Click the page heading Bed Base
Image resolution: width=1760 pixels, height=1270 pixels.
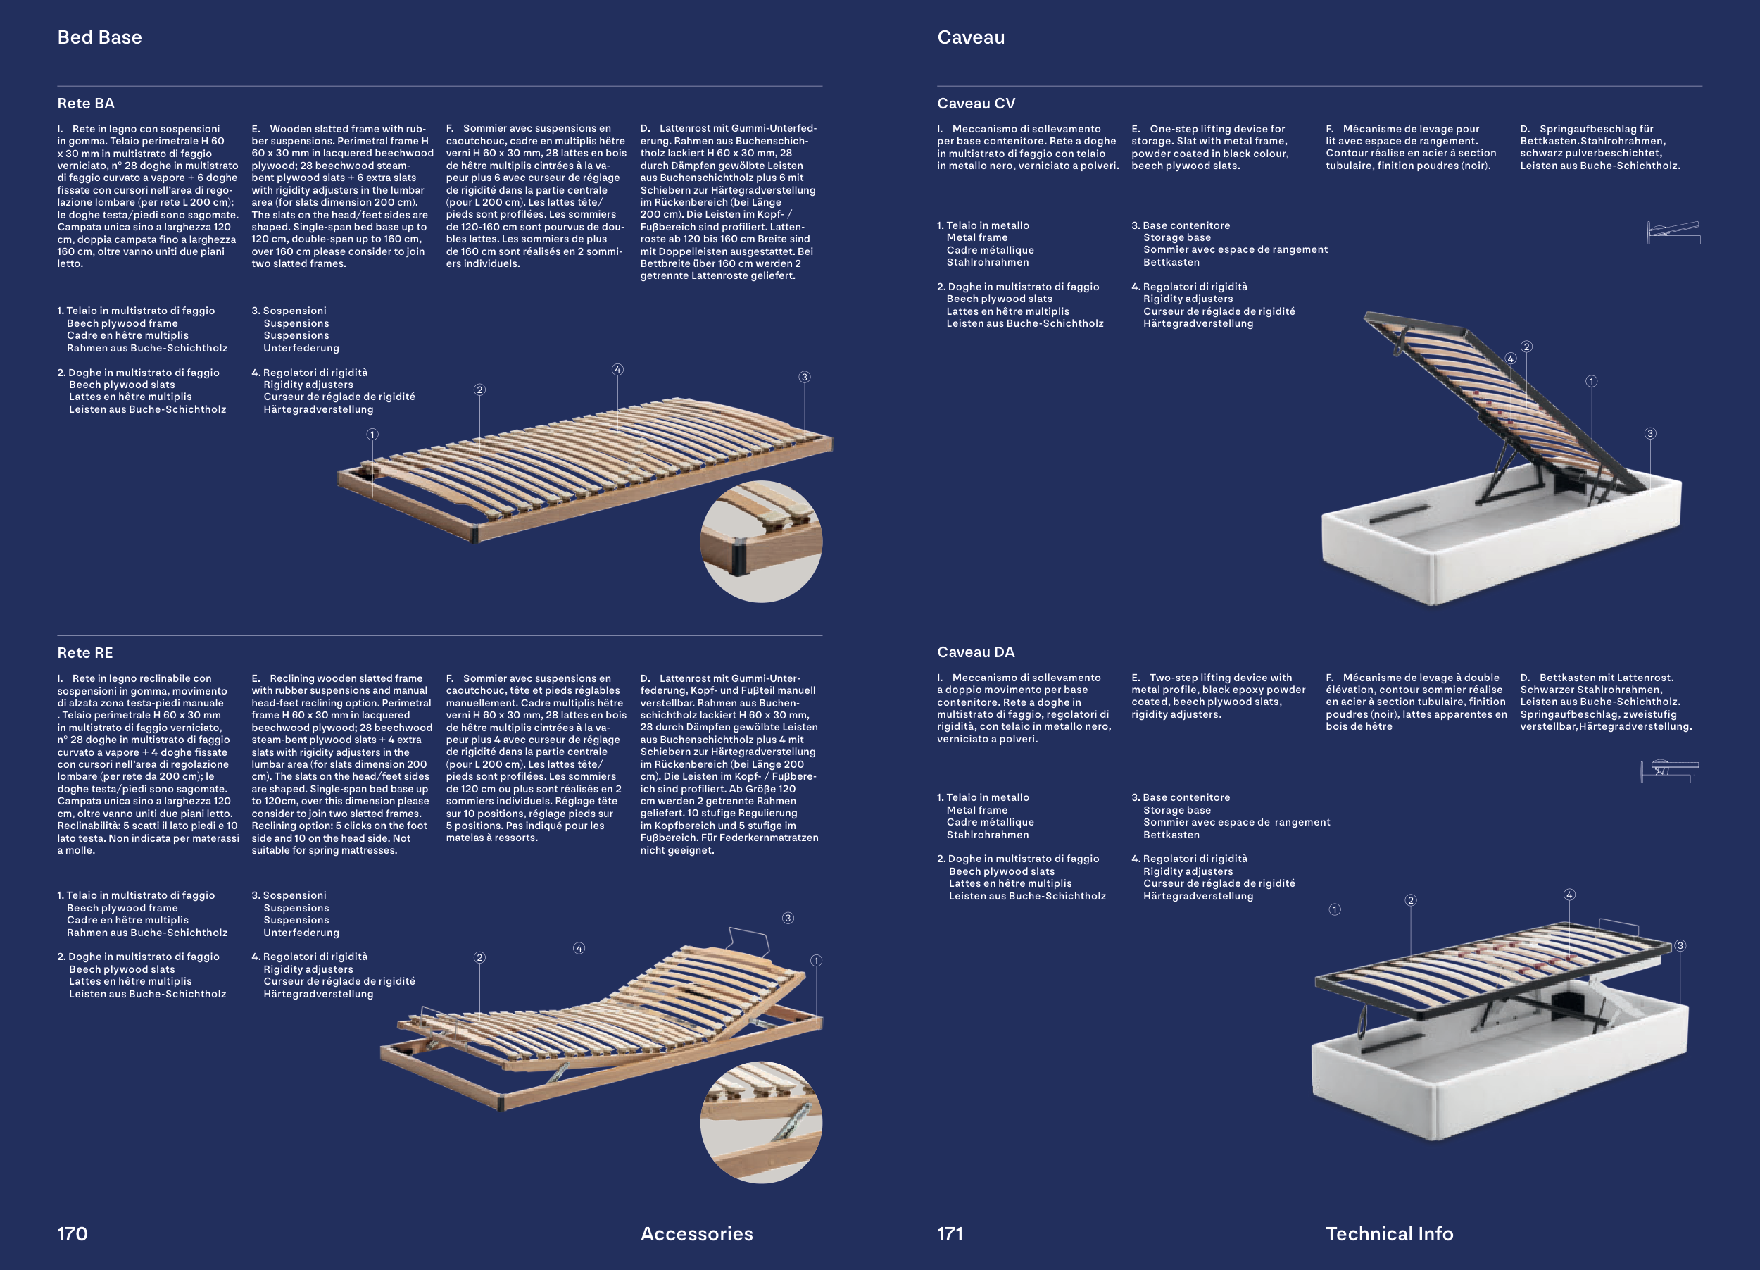(x=99, y=37)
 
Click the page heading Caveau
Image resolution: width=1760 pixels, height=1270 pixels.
(x=971, y=37)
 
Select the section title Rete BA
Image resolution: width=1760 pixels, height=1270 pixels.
(x=85, y=104)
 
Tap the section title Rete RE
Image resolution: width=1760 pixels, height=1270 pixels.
(x=84, y=653)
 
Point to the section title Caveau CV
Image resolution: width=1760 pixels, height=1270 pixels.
(x=976, y=104)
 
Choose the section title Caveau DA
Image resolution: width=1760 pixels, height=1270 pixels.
(x=976, y=652)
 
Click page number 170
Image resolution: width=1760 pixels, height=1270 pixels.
(x=73, y=1233)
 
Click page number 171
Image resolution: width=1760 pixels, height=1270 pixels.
(x=950, y=1233)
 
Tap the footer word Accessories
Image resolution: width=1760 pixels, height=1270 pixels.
(x=697, y=1233)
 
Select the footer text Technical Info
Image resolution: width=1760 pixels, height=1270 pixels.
(x=1389, y=1233)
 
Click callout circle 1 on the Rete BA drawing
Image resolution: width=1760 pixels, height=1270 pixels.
(x=372, y=435)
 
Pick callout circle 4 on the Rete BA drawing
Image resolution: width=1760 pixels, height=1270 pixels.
(x=617, y=370)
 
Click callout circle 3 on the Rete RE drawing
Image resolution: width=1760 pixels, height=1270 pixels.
(x=788, y=919)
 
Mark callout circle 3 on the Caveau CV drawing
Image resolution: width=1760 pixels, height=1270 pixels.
(x=1651, y=433)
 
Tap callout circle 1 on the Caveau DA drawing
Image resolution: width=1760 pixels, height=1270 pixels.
(x=1335, y=909)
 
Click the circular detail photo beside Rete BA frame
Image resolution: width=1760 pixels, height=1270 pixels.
(x=761, y=541)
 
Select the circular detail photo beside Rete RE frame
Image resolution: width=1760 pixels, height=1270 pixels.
(x=761, y=1123)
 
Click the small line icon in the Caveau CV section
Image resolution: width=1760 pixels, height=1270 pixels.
(x=1674, y=233)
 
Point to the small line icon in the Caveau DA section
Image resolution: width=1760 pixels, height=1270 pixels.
(x=1669, y=771)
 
